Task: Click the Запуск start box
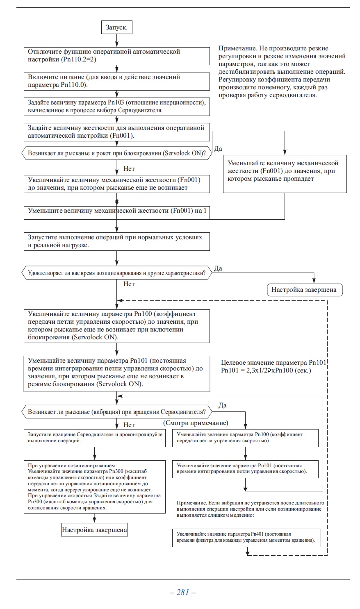point(116,27)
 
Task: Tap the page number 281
point(182,592)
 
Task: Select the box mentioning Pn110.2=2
point(117,55)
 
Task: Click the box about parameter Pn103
point(117,107)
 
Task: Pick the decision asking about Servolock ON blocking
point(116,153)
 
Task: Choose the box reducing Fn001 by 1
point(117,211)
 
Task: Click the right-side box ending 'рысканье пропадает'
point(285,171)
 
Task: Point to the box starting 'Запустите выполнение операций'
point(117,241)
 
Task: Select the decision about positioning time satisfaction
point(116,273)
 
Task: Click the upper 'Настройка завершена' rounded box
point(305,290)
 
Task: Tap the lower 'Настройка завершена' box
point(94,530)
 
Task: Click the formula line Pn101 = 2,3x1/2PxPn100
point(266,370)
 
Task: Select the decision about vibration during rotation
point(116,411)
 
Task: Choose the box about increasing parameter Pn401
point(246,537)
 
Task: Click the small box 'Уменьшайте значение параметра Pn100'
point(245,437)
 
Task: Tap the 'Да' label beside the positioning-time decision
point(218,268)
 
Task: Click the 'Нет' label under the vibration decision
point(129,425)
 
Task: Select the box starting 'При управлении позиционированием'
point(95,486)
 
